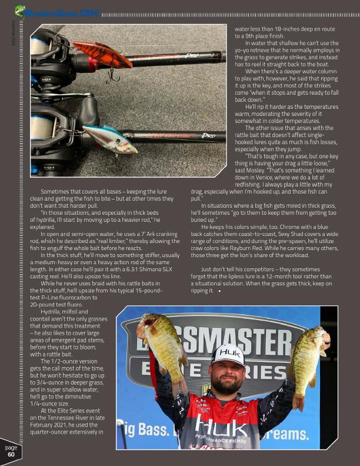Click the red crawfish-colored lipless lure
(x=102, y=55)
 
